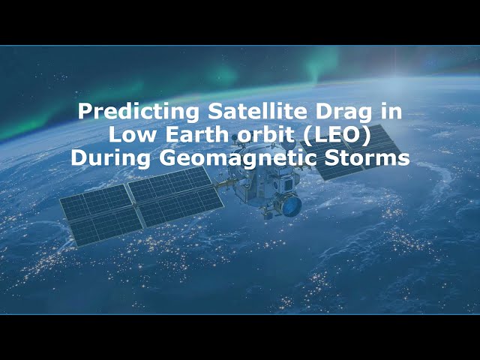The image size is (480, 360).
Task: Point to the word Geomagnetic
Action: pos(236,158)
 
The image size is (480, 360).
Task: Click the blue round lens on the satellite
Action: pos(292,205)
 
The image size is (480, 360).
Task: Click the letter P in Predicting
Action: pos(85,112)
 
